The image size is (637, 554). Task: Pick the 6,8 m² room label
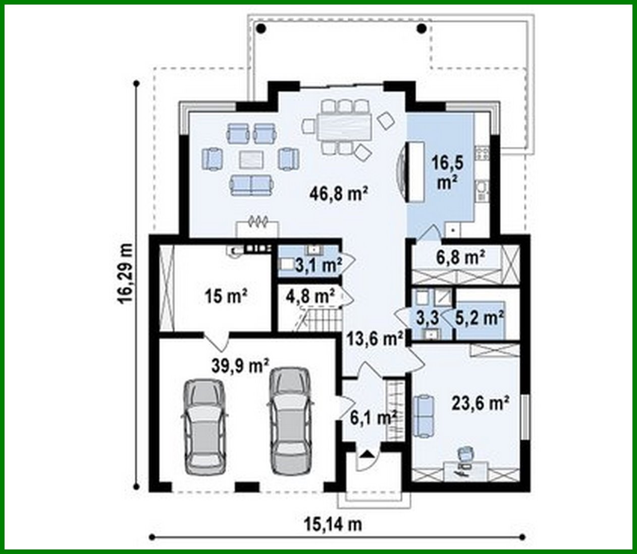tap(460, 258)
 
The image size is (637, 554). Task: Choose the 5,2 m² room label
tap(480, 318)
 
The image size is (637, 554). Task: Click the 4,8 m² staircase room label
tap(310, 296)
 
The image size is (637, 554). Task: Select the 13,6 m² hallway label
tap(374, 339)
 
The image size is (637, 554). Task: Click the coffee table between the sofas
tap(251, 159)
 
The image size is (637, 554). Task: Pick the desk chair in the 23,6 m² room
tap(464, 453)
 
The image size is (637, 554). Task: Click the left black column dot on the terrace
tap(261, 28)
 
